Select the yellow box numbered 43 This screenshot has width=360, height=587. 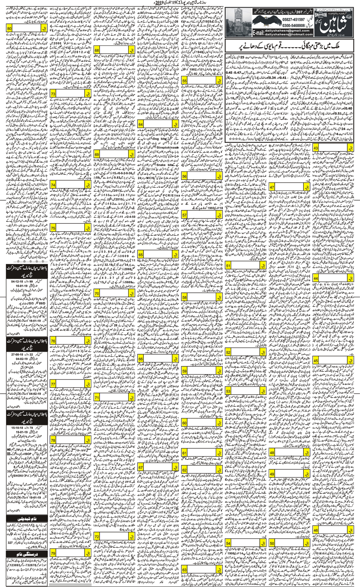click(316, 148)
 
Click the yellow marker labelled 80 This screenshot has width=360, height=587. click(9, 29)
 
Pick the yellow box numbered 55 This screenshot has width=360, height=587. click(184, 81)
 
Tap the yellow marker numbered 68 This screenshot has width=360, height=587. click(97, 50)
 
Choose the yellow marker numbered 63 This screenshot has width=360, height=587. click(184, 570)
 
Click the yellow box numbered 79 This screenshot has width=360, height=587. click(53, 553)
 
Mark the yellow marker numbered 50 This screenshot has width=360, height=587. click(272, 543)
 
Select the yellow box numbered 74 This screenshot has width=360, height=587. click(53, 185)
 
